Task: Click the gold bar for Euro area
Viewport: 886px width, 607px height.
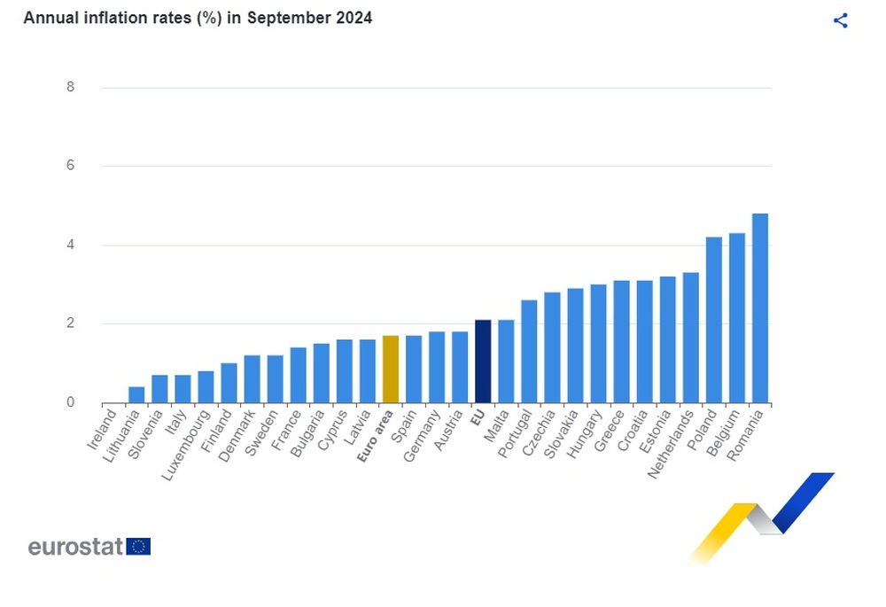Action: tap(391, 369)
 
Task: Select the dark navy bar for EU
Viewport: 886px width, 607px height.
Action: tap(483, 361)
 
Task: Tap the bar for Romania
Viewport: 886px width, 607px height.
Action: tap(759, 307)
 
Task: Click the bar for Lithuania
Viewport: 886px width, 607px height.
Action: tap(136, 394)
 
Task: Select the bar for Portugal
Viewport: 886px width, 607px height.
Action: tap(529, 351)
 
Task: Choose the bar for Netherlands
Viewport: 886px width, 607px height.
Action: tap(690, 337)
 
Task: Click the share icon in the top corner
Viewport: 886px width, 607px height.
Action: tap(841, 21)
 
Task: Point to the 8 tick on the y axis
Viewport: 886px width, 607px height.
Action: tap(70, 87)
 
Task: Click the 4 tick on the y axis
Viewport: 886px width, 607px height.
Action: tap(70, 245)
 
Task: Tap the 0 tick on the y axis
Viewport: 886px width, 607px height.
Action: tap(70, 402)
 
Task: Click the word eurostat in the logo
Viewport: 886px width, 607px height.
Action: tap(74, 547)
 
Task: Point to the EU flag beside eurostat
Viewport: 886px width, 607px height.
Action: tap(138, 546)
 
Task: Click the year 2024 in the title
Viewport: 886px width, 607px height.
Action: tap(353, 18)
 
